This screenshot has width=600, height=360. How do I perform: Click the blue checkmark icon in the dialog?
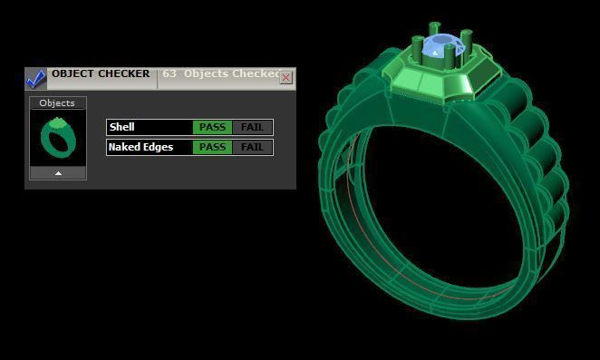[35, 79]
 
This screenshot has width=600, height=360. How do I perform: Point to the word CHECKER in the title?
[124, 74]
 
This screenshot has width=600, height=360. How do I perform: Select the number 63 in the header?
[169, 74]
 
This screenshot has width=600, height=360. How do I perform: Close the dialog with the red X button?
[286, 78]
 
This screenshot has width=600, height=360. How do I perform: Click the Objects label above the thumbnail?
[57, 103]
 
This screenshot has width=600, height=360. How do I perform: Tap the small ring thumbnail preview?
[57, 138]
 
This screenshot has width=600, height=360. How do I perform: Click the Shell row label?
[121, 127]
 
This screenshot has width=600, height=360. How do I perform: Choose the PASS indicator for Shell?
[212, 127]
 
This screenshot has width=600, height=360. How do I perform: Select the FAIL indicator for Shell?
[252, 127]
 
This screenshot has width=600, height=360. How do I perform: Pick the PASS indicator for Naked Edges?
[212, 147]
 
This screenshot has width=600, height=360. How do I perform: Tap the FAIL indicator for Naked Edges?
[252, 147]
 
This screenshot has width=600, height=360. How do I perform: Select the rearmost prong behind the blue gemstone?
[434, 29]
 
